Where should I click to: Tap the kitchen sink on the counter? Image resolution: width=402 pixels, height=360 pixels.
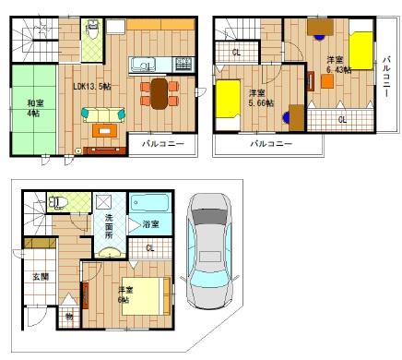coord(143,65)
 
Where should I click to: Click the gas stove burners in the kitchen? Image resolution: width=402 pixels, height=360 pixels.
coord(182,65)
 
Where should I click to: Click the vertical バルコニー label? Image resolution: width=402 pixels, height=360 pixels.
coord(386,75)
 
